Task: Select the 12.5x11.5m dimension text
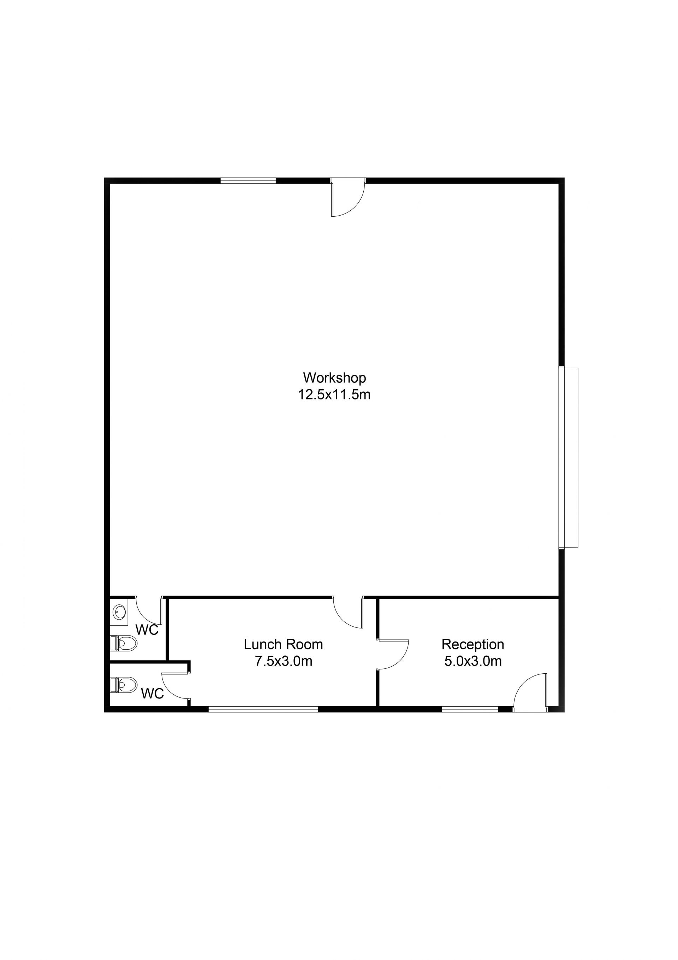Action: click(x=334, y=394)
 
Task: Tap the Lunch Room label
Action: click(x=283, y=644)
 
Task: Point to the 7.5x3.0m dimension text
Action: click(x=283, y=661)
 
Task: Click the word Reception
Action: click(x=472, y=644)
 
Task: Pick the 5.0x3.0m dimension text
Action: click(x=472, y=661)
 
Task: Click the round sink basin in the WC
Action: click(x=119, y=612)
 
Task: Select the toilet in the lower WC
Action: click(x=124, y=684)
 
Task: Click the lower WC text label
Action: click(x=152, y=693)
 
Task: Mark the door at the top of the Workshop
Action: click(x=348, y=197)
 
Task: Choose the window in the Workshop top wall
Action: click(x=248, y=181)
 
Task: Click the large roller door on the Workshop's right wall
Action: click(x=569, y=457)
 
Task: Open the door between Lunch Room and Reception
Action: click(x=392, y=655)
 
